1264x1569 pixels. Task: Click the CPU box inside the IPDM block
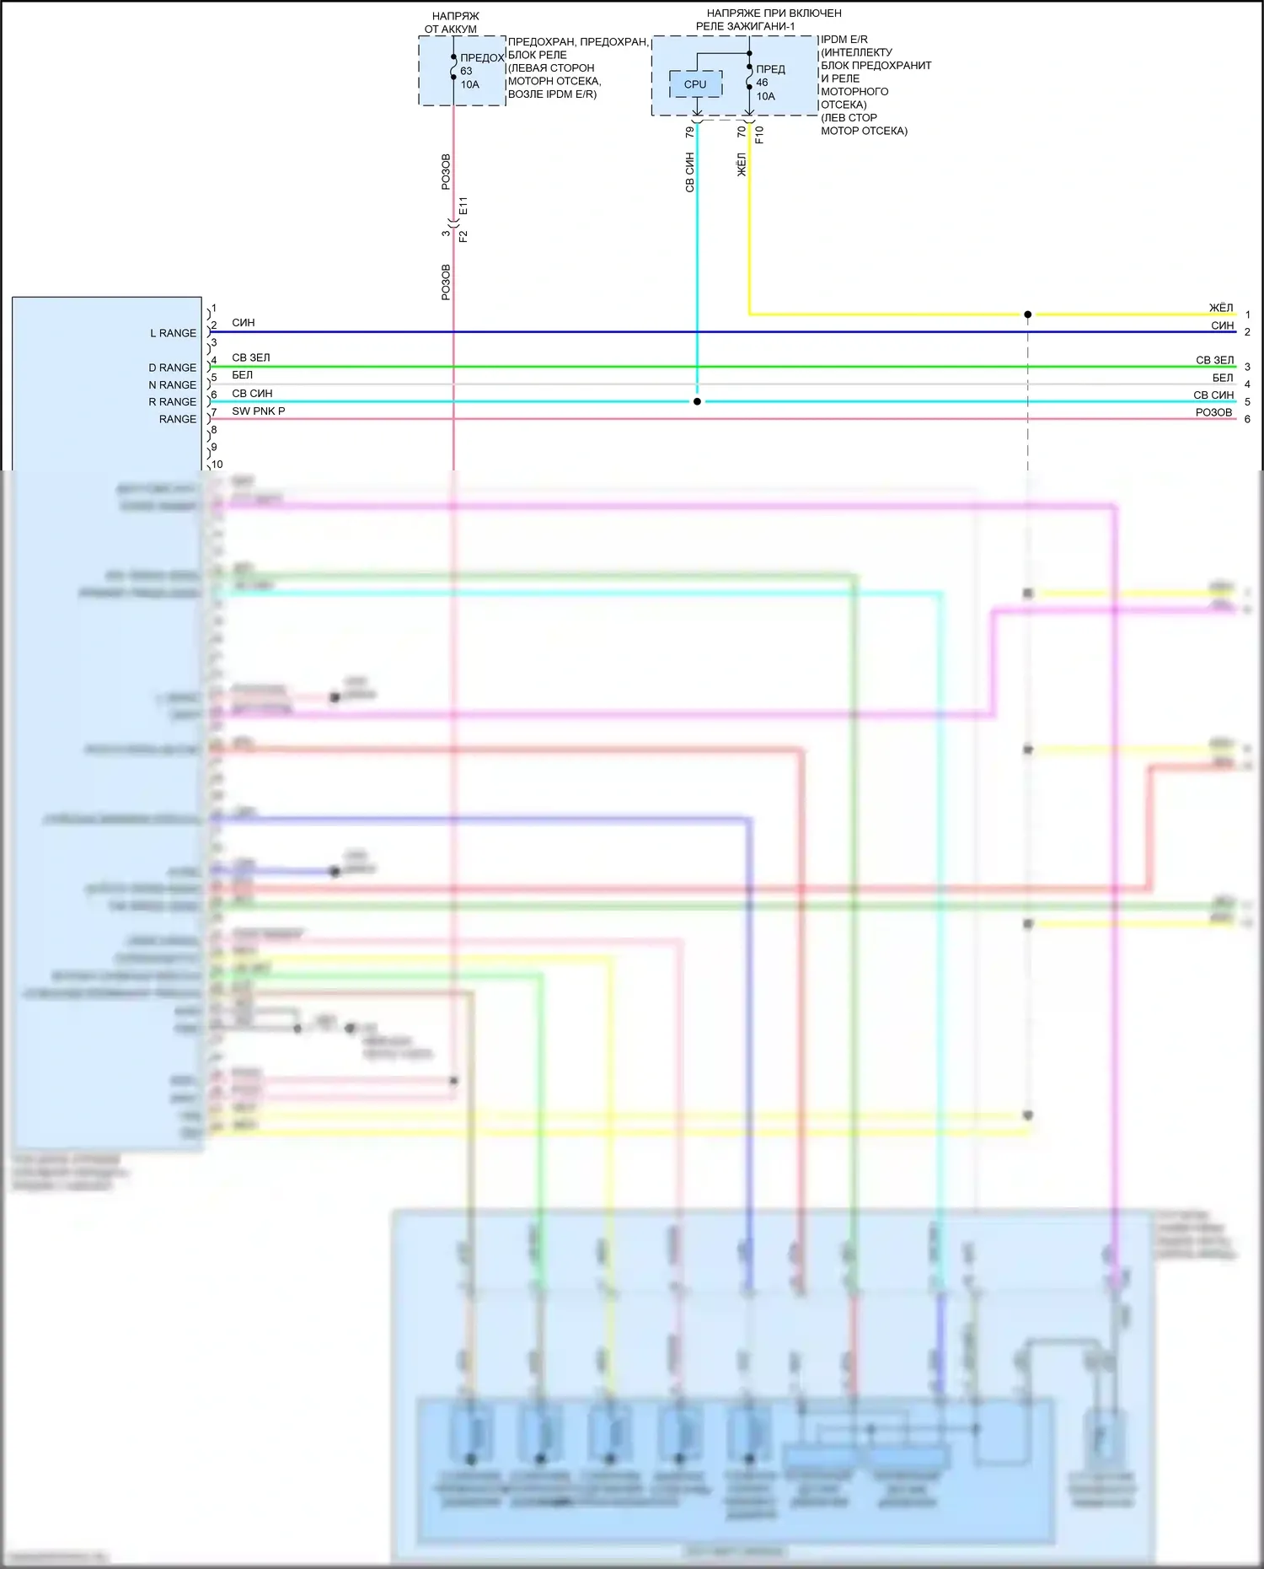click(x=695, y=84)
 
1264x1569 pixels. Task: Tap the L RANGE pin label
click(x=173, y=333)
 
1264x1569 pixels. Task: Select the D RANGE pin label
click(x=172, y=368)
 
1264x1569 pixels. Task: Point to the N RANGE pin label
click(x=172, y=384)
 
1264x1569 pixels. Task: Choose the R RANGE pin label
click(x=172, y=401)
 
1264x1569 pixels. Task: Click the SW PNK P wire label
click(x=258, y=411)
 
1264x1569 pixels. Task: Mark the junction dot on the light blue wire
click(x=697, y=401)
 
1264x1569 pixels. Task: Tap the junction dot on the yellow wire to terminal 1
click(x=1027, y=314)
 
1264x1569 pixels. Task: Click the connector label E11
click(x=463, y=207)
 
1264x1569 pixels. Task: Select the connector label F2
click(x=463, y=236)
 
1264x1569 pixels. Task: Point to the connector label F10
click(x=759, y=134)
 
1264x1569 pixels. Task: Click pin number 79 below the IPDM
click(x=690, y=132)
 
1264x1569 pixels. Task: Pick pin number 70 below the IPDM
click(x=742, y=132)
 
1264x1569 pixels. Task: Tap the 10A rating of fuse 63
click(x=469, y=84)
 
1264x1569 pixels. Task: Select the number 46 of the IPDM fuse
click(x=762, y=83)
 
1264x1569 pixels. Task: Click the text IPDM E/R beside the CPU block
click(x=844, y=40)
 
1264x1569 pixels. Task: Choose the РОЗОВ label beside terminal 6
click(x=1213, y=412)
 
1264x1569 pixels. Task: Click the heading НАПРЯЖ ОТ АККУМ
click(x=453, y=23)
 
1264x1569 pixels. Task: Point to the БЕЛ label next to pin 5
click(x=242, y=375)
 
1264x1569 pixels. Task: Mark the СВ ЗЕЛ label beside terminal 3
click(x=1214, y=360)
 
